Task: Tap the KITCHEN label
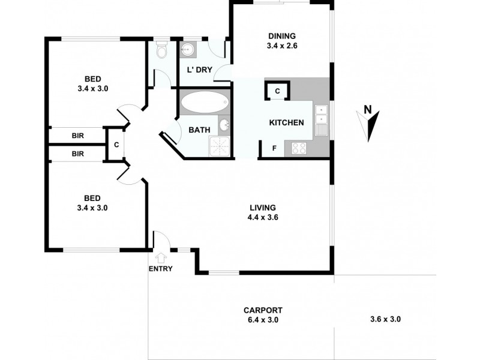tap(286, 122)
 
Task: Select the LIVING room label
tap(262, 208)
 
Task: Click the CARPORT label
tap(263, 310)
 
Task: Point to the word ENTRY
tap(160, 268)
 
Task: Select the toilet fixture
tap(161, 52)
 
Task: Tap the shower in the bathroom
tap(219, 145)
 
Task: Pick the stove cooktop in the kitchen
tap(299, 148)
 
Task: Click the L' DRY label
tap(200, 70)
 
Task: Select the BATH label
tap(199, 130)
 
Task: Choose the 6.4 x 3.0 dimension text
tap(263, 320)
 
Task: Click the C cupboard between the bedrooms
tap(116, 144)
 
